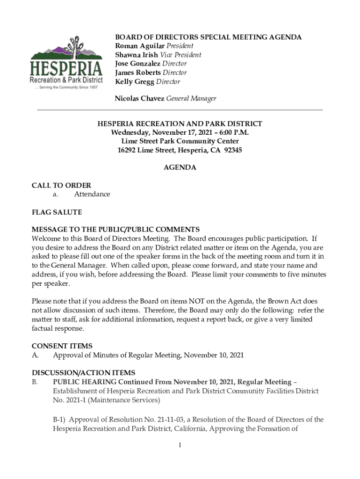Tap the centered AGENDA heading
coord(180,167)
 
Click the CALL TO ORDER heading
coord(61,186)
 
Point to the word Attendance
coord(92,194)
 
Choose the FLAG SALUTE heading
coord(57,212)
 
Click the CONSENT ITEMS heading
coord(62,346)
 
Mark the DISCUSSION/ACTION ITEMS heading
coord(83,373)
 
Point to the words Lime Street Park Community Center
coord(180,141)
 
